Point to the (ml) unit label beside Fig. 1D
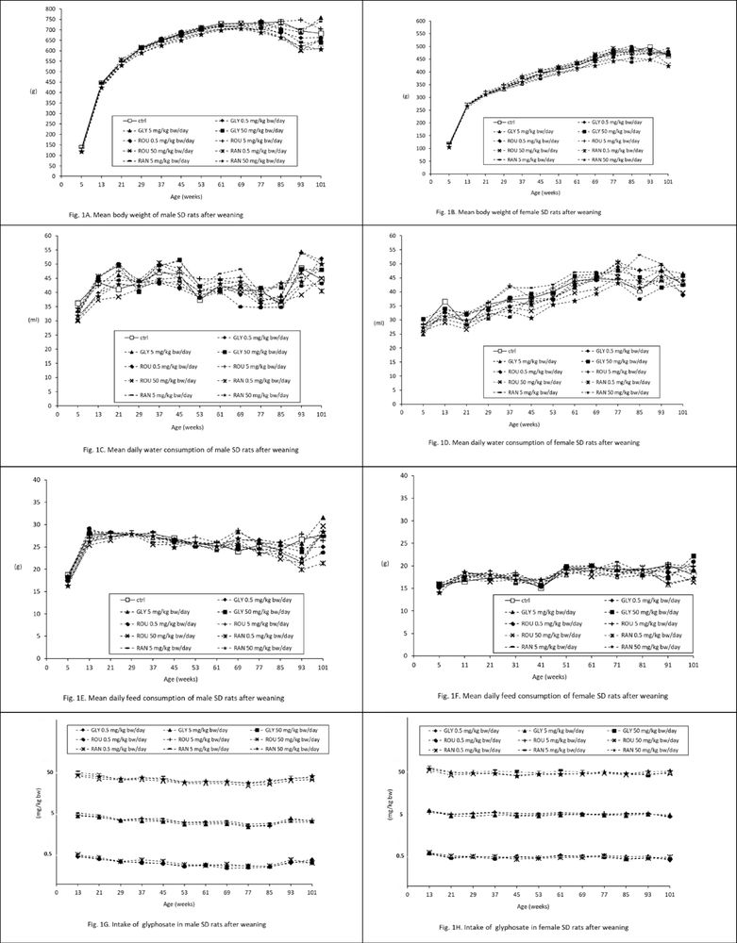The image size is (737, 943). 379,322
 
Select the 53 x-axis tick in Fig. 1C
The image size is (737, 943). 199,414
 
